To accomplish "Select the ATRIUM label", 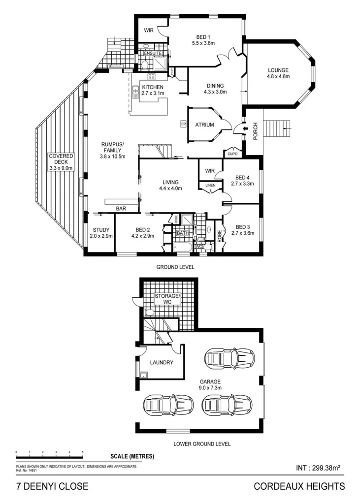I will pos(204,125).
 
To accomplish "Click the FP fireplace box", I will pos(183,124).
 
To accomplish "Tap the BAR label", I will pos(121,209).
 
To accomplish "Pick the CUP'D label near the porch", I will pos(232,153).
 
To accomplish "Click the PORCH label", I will pos(255,130).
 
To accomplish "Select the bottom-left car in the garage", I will pos(161,405).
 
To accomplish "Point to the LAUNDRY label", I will pos(162,363).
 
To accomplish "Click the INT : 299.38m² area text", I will pos(319,468).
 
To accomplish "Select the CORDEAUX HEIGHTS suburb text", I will pos(299,487).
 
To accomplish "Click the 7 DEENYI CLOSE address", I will pos(52,487).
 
